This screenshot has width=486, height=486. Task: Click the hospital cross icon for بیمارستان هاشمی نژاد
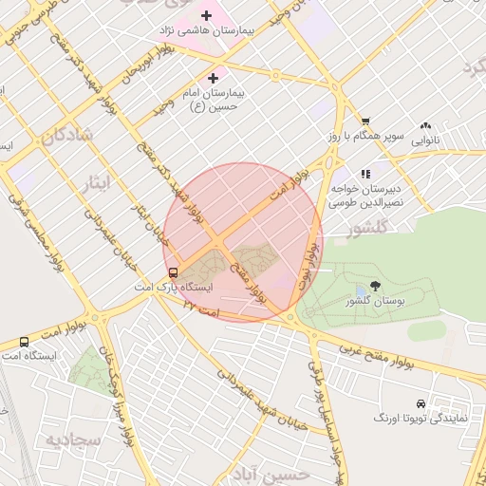206,15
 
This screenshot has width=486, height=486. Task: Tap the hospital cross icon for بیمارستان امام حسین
213,78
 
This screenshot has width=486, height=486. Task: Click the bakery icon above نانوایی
425,124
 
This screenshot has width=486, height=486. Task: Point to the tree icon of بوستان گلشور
376,285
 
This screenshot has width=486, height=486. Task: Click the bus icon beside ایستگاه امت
24,341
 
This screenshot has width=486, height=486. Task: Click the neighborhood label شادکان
67,136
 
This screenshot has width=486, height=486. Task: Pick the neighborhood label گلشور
369,230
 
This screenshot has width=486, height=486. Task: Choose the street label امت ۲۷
201,307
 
